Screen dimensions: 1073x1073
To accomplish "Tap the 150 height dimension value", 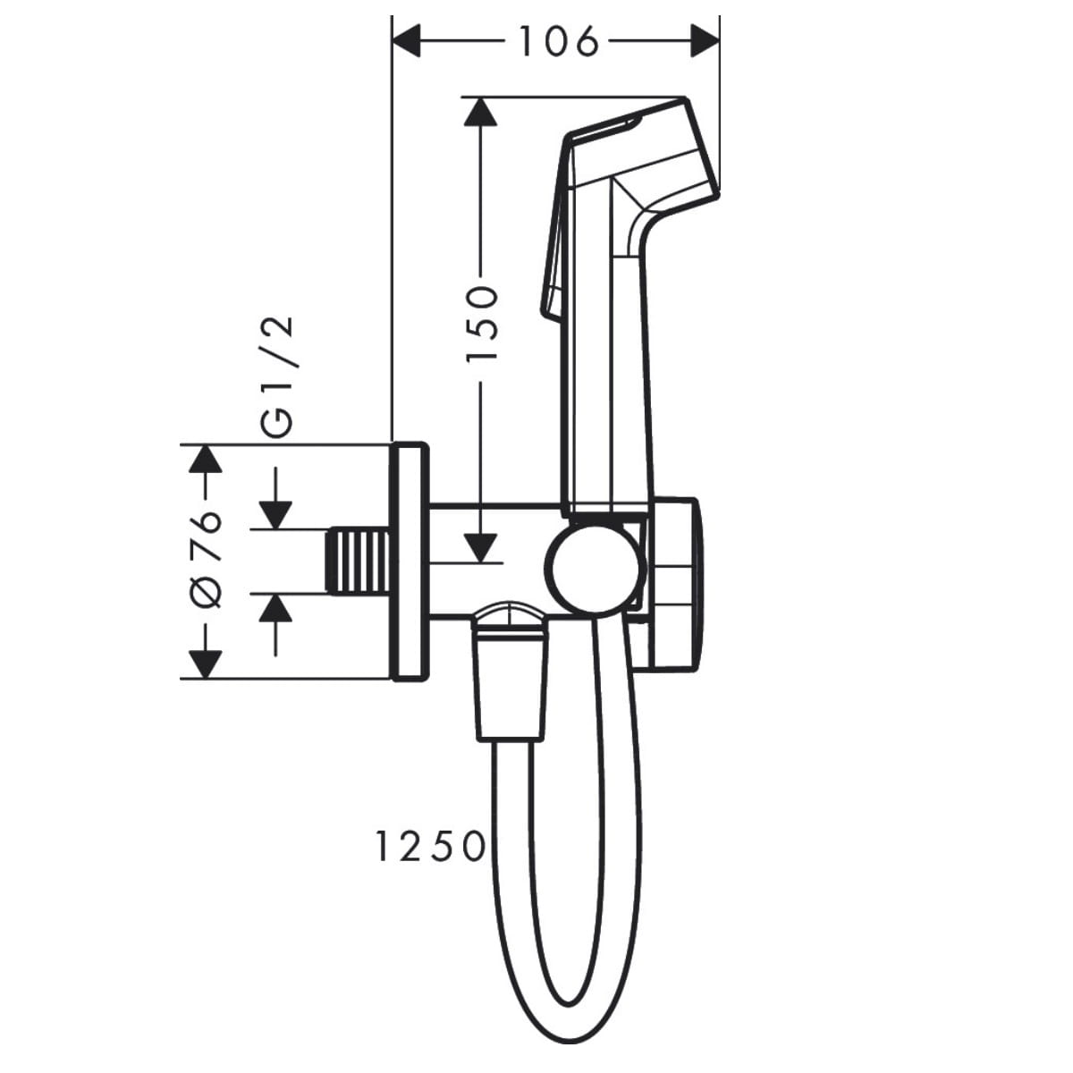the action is pos(481,324).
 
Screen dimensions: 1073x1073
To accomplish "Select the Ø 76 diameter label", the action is pos(206,560).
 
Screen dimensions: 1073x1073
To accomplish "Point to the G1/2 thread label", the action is pos(276,376).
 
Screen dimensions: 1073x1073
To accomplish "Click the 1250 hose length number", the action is pos(430,847).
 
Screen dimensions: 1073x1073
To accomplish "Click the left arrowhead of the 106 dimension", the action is pos(406,41).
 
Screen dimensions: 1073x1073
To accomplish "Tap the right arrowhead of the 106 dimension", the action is pos(706,41).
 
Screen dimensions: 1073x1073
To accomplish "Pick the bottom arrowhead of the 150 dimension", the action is pos(480,548).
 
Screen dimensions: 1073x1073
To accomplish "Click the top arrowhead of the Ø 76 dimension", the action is pos(206,459).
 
